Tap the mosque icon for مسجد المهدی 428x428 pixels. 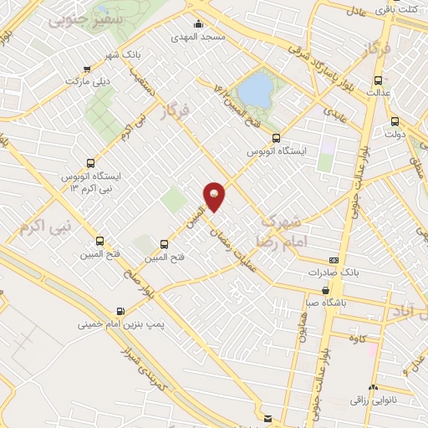click(198, 24)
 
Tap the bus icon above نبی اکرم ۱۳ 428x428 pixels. click(90, 164)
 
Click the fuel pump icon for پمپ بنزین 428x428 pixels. click(122, 312)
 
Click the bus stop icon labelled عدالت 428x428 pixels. click(379, 82)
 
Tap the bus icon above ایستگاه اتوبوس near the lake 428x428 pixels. click(277, 140)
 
